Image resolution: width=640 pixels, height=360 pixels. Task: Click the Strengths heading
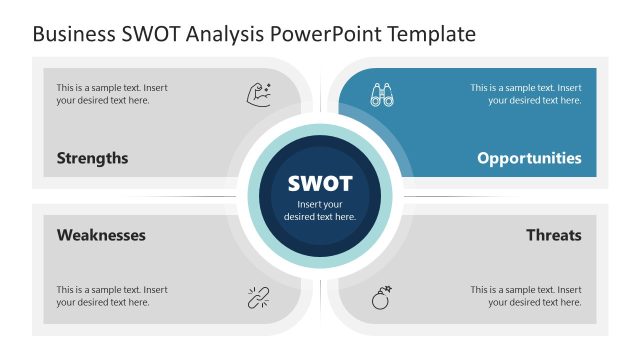92,158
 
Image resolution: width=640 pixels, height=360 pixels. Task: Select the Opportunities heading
529,158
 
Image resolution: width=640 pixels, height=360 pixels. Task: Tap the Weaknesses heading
101,235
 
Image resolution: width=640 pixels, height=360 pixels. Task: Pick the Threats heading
553,235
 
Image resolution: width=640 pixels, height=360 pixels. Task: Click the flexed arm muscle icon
259,94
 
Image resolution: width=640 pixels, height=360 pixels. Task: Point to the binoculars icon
381,94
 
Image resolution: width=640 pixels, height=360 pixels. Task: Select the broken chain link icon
259,297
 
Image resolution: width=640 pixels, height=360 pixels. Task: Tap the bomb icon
381,297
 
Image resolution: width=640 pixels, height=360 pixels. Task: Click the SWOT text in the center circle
320,184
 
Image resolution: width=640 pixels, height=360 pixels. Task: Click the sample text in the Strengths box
112,94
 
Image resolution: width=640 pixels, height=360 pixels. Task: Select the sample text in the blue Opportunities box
526,94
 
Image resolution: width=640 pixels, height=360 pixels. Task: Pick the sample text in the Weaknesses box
112,296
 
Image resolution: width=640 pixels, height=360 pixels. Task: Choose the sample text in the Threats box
526,296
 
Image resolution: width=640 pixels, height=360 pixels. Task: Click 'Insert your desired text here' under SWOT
320,210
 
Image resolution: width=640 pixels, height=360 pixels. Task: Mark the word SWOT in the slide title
153,35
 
